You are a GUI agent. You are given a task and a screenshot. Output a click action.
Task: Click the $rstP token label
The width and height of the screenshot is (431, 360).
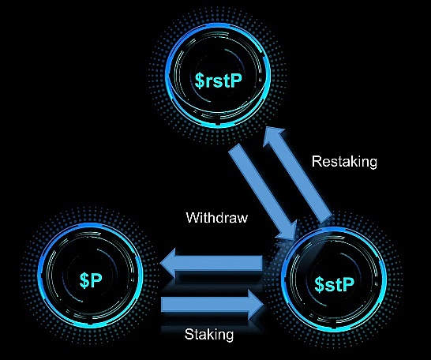click(218, 80)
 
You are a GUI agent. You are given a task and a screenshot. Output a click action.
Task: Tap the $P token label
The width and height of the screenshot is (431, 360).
click(91, 280)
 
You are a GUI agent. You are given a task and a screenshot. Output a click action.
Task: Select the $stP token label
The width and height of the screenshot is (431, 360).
click(334, 284)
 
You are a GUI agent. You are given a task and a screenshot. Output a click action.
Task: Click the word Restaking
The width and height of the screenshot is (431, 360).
click(344, 161)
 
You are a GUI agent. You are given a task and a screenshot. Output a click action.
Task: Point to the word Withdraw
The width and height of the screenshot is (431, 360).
click(217, 217)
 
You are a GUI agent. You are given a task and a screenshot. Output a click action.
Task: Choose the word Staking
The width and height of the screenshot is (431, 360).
click(209, 335)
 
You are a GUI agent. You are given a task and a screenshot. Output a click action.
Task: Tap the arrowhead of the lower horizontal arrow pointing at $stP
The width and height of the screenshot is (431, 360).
click(256, 305)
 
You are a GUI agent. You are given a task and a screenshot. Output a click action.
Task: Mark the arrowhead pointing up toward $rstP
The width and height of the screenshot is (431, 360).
click(275, 137)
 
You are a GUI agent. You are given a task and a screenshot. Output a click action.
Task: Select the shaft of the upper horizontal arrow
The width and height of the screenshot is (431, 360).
click(219, 263)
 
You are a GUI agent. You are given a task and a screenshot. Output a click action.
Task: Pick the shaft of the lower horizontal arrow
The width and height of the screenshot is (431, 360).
click(205, 305)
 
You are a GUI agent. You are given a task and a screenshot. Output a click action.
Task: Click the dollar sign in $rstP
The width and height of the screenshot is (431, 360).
click(199, 81)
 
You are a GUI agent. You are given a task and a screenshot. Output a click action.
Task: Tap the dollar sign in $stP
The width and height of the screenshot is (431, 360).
click(319, 284)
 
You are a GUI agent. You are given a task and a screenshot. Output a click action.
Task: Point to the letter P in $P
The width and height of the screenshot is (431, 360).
click(96, 280)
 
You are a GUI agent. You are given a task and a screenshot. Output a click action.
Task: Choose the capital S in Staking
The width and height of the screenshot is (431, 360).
click(189, 334)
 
